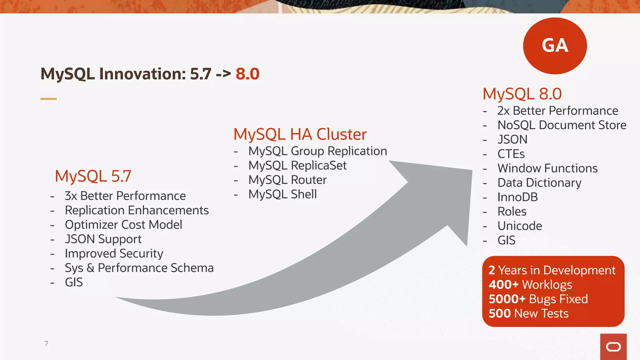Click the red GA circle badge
point(555,46)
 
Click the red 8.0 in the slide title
point(247,74)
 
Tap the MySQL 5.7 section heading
point(93,176)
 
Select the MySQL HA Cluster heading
point(300,134)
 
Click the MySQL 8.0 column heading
point(522,94)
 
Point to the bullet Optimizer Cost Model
point(123,225)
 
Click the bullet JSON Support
point(103,239)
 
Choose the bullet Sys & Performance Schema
point(139,268)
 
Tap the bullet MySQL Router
point(287,180)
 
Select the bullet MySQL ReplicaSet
point(297,166)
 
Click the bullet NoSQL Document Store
point(562,125)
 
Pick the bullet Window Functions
point(547,168)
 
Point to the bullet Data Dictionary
point(539,183)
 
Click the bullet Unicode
point(519,226)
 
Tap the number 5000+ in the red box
point(507,299)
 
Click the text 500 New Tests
point(528,313)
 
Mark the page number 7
point(46,343)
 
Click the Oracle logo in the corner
point(613,347)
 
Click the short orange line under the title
point(48,99)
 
